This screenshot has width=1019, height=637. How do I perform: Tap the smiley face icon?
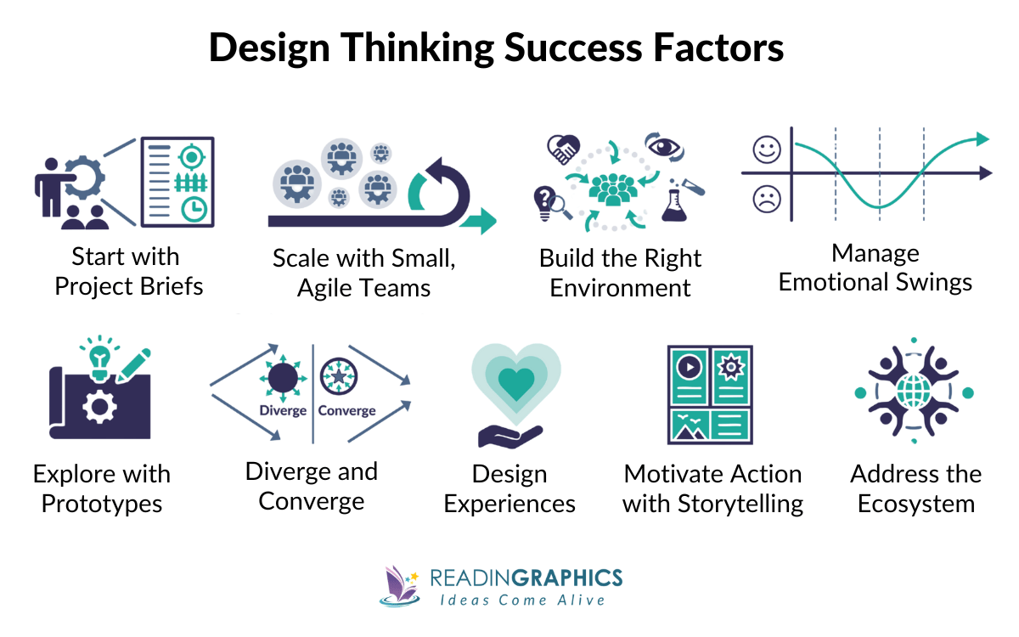click(767, 150)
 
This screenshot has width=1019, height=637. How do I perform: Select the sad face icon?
click(767, 200)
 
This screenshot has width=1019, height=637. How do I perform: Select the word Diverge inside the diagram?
click(282, 411)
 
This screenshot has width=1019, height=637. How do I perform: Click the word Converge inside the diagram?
click(346, 411)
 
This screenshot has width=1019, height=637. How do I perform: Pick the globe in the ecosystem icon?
click(915, 392)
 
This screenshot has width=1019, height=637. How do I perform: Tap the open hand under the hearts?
click(509, 435)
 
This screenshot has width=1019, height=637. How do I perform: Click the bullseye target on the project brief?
click(192, 157)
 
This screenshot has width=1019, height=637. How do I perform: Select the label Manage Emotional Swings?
click(875, 268)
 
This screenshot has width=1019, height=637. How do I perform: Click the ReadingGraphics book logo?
click(399, 586)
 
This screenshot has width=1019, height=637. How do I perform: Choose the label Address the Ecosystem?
click(915, 488)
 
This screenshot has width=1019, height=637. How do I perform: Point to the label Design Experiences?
click(509, 488)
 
